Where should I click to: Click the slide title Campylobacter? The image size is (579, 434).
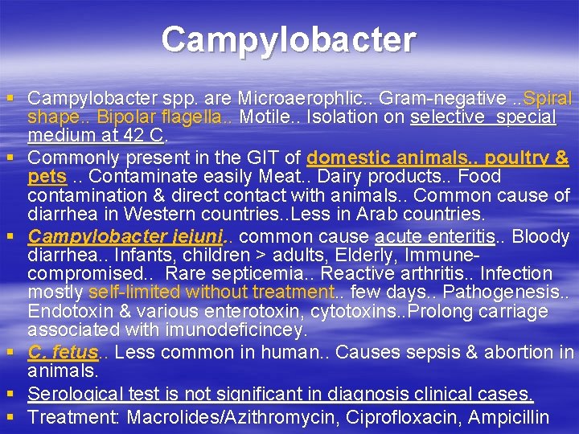[288, 39]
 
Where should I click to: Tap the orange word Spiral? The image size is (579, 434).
[548, 99]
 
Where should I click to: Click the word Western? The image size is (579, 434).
[151, 215]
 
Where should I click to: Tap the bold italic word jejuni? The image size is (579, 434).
[194, 236]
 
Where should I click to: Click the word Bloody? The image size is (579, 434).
[541, 236]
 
